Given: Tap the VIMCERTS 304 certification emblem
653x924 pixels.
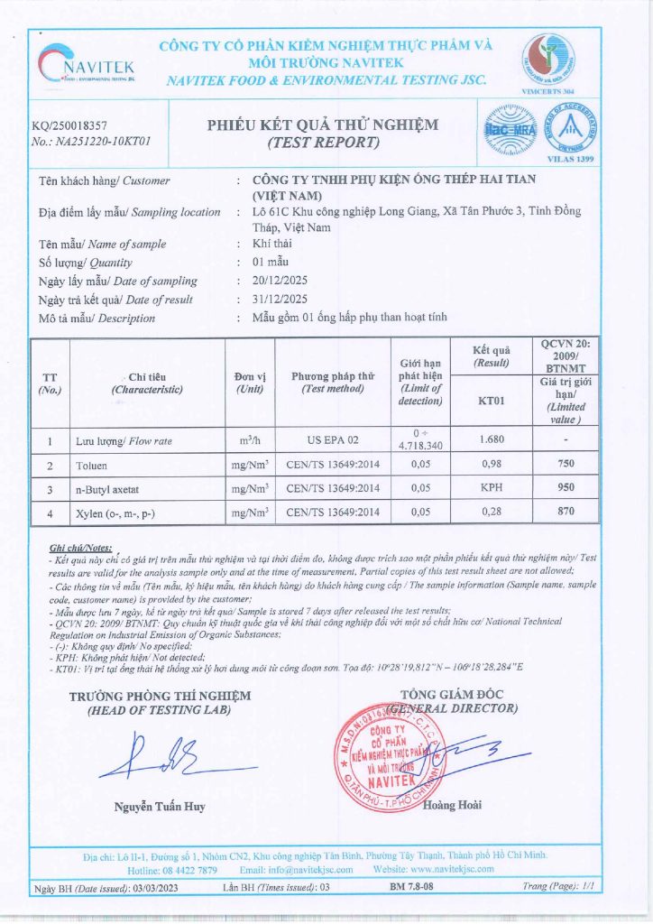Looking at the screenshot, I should coord(547,60).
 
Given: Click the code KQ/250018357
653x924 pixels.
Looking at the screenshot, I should coord(69,127).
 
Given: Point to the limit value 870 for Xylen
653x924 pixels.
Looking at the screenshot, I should coord(566,512).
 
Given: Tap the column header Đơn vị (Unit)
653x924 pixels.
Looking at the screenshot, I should coord(249,383).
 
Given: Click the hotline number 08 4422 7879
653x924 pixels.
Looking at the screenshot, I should coord(189,869).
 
